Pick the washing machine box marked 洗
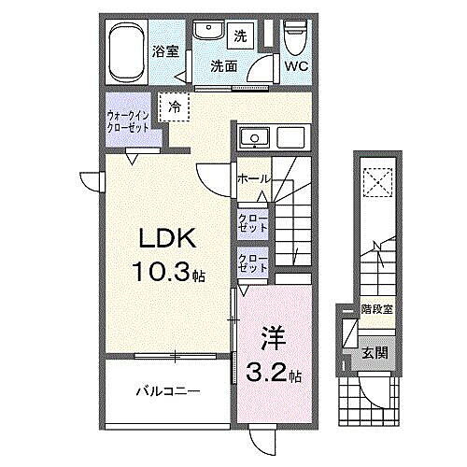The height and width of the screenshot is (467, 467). click(x=239, y=36)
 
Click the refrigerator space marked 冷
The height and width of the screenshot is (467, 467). click(x=175, y=108)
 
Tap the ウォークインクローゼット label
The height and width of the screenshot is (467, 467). click(x=132, y=121)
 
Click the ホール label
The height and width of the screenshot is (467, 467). click(x=254, y=178)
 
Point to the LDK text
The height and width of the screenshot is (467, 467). click(x=160, y=238)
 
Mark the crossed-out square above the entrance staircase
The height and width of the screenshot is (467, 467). click(x=379, y=181)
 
